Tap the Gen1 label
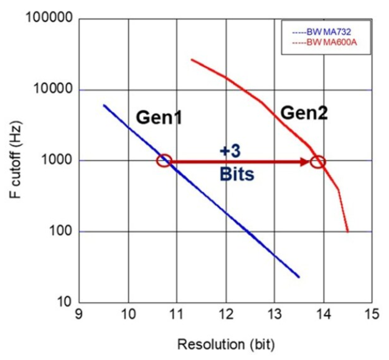click(158, 118)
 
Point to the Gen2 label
click(304, 111)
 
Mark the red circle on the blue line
click(164, 161)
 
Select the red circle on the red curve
click(318, 162)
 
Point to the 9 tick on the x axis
click(79, 314)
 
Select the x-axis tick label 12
click(225, 314)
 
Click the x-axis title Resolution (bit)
click(225, 344)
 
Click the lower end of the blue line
click(299, 277)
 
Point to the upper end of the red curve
click(192, 60)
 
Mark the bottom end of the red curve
click(348, 231)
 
